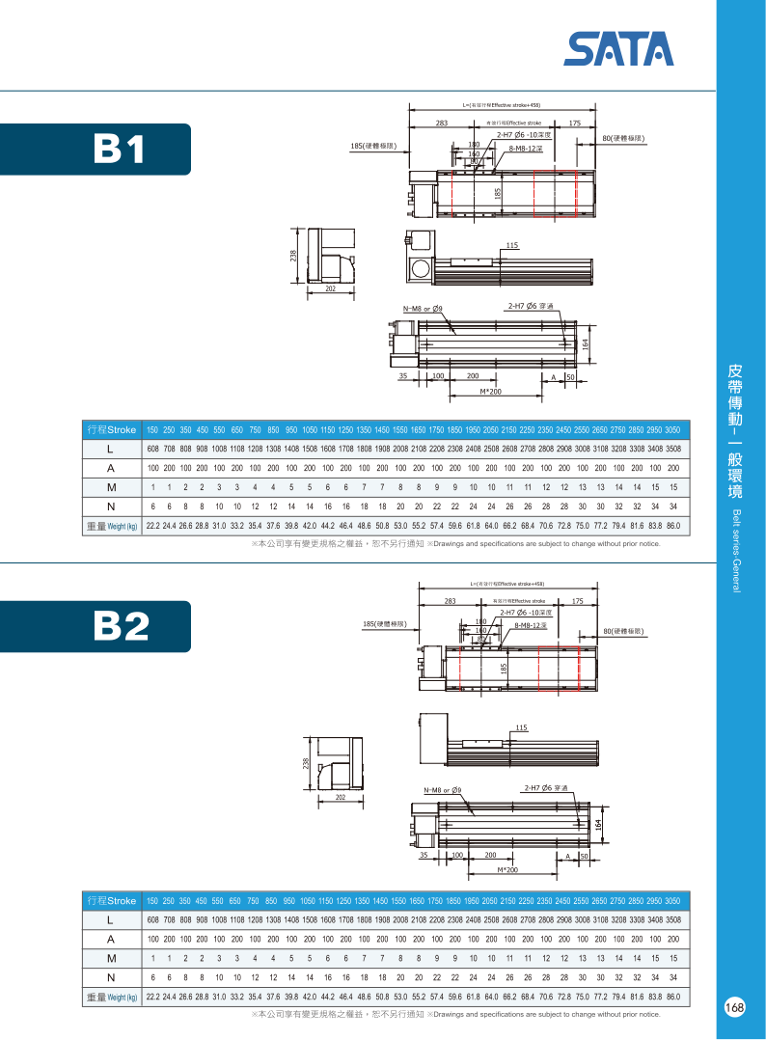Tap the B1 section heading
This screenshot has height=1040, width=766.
click(x=120, y=148)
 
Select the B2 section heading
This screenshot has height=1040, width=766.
click(x=120, y=626)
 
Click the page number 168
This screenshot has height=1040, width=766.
click(x=734, y=1007)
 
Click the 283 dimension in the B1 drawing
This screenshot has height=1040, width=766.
click(x=442, y=123)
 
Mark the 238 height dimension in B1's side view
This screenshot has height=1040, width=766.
click(x=293, y=256)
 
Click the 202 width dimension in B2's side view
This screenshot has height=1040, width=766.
click(x=340, y=798)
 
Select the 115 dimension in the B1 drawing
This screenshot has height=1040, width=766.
click(x=511, y=246)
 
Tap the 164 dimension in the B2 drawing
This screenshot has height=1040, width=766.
click(x=598, y=825)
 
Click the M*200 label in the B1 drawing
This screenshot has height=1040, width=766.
click(x=491, y=392)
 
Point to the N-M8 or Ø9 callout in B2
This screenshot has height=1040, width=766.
click(x=442, y=790)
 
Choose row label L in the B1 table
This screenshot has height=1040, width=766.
click(x=111, y=449)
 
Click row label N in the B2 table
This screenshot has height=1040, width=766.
click(x=111, y=977)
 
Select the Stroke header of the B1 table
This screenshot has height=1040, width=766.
click(x=111, y=429)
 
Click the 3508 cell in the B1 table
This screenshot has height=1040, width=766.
click(x=672, y=449)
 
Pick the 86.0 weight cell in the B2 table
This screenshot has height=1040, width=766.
click(x=672, y=997)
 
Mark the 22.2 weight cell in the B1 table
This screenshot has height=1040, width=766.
click(x=152, y=526)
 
